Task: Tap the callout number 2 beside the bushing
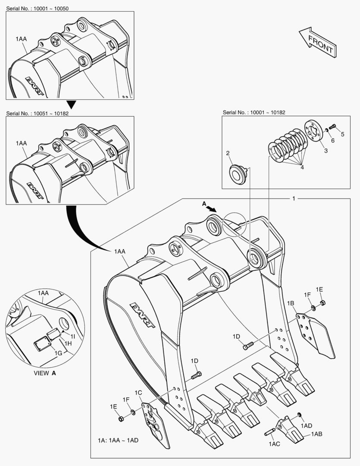(228, 153)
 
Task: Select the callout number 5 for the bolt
(343, 134)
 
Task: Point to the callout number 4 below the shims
(302, 167)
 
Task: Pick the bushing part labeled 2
(237, 173)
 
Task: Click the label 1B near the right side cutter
(291, 304)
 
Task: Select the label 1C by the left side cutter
(138, 392)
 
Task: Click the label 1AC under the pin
(274, 444)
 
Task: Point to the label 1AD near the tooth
(306, 425)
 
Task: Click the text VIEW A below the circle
(45, 373)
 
